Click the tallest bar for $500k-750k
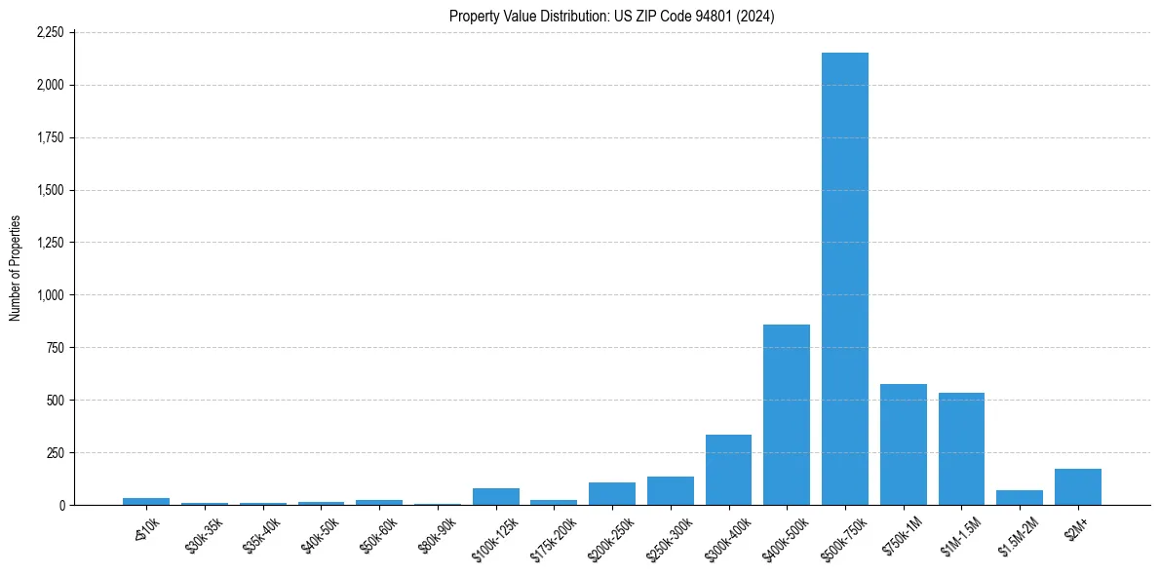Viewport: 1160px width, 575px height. (x=845, y=279)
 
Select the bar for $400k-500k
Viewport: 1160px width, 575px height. (x=787, y=415)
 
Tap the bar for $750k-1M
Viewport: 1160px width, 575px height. (x=904, y=444)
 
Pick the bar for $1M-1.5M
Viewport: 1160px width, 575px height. (x=961, y=449)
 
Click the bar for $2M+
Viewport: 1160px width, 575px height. (x=1078, y=487)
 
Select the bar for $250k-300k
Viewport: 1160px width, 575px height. (x=671, y=491)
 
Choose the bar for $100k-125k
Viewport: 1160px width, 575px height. (x=496, y=497)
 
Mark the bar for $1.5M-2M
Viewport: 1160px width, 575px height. (x=1020, y=498)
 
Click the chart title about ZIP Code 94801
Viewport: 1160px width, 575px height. (x=612, y=16)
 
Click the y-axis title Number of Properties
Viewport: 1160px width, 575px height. (x=15, y=269)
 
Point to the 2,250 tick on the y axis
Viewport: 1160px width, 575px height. (x=50, y=32)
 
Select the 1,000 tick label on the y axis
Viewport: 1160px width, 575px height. (x=50, y=295)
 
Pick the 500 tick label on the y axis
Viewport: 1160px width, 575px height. (x=56, y=401)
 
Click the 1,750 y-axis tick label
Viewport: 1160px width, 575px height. (x=50, y=137)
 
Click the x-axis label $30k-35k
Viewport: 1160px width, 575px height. (x=203, y=533)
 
